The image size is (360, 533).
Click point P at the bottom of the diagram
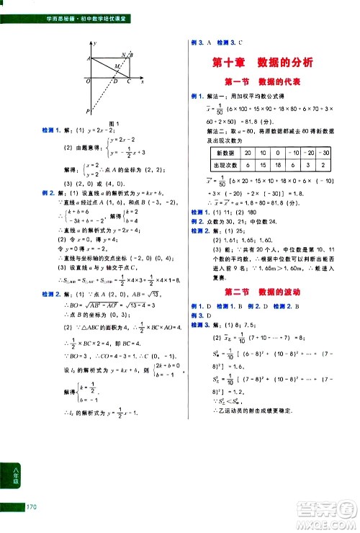point(88,111)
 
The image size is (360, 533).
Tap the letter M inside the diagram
point(117,67)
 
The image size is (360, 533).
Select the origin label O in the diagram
point(88,81)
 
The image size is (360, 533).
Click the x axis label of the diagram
point(143,81)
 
